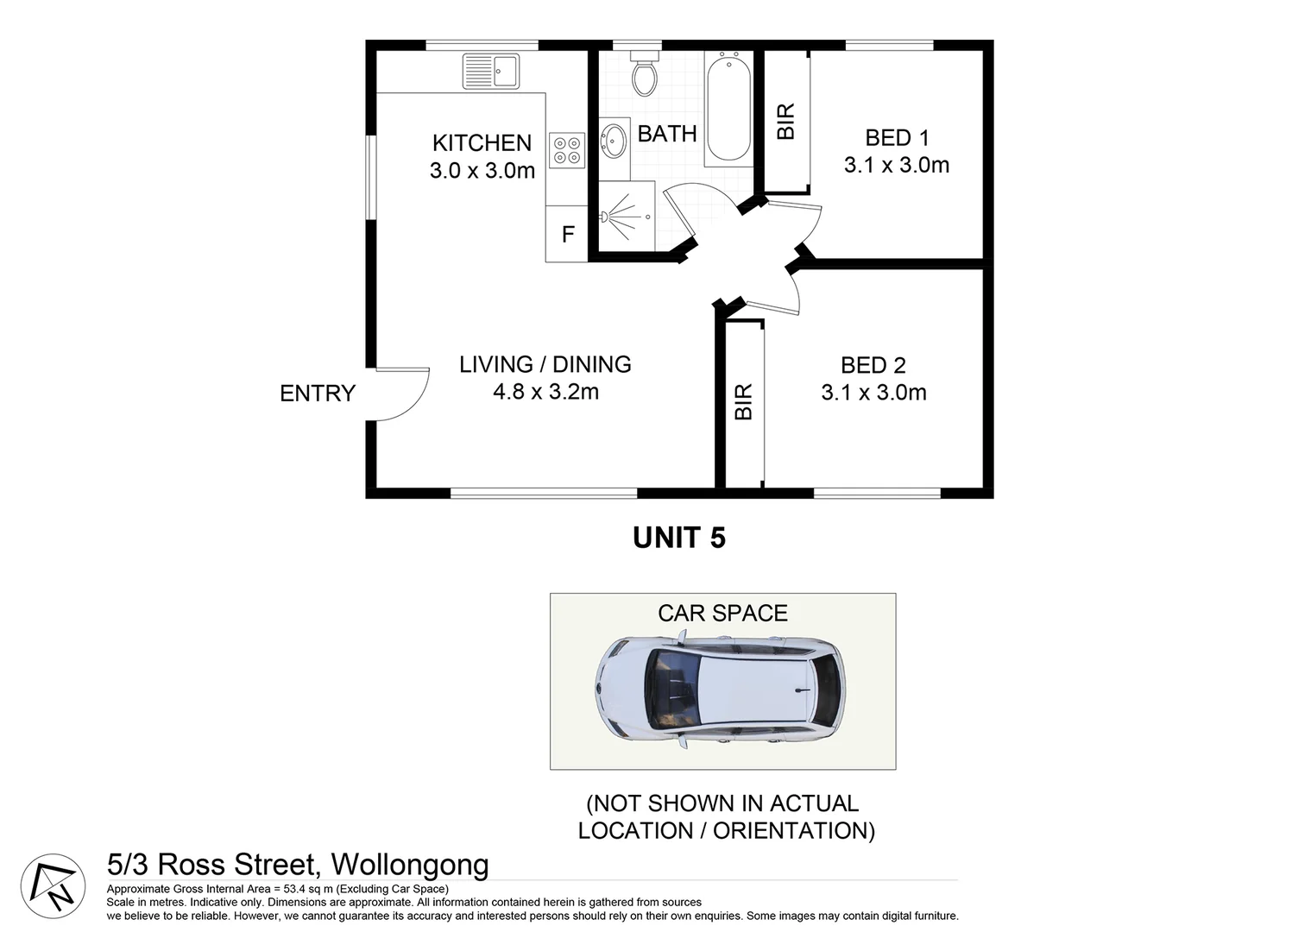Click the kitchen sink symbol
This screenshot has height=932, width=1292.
[x=491, y=71]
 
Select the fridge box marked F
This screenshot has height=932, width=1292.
[x=567, y=234]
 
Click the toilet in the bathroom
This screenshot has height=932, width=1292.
[x=644, y=72]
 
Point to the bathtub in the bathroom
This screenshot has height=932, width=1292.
[x=728, y=107]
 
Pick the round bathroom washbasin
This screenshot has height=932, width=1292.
[x=614, y=140]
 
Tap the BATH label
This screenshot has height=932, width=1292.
[x=666, y=134]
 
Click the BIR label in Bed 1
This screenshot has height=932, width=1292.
[x=785, y=122]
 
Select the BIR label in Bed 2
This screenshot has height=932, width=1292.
[x=743, y=402]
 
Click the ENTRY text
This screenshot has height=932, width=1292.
[x=317, y=394]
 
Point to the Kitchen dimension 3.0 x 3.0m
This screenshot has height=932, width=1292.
[x=482, y=171]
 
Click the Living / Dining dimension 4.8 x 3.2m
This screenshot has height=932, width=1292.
[x=545, y=392]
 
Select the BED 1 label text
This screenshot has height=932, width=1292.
[x=897, y=138]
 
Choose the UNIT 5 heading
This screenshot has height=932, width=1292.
[x=679, y=538]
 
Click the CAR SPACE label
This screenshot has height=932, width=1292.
[x=722, y=613]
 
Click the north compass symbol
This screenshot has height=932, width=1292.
[x=53, y=885]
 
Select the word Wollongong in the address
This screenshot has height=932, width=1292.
[x=410, y=864]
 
